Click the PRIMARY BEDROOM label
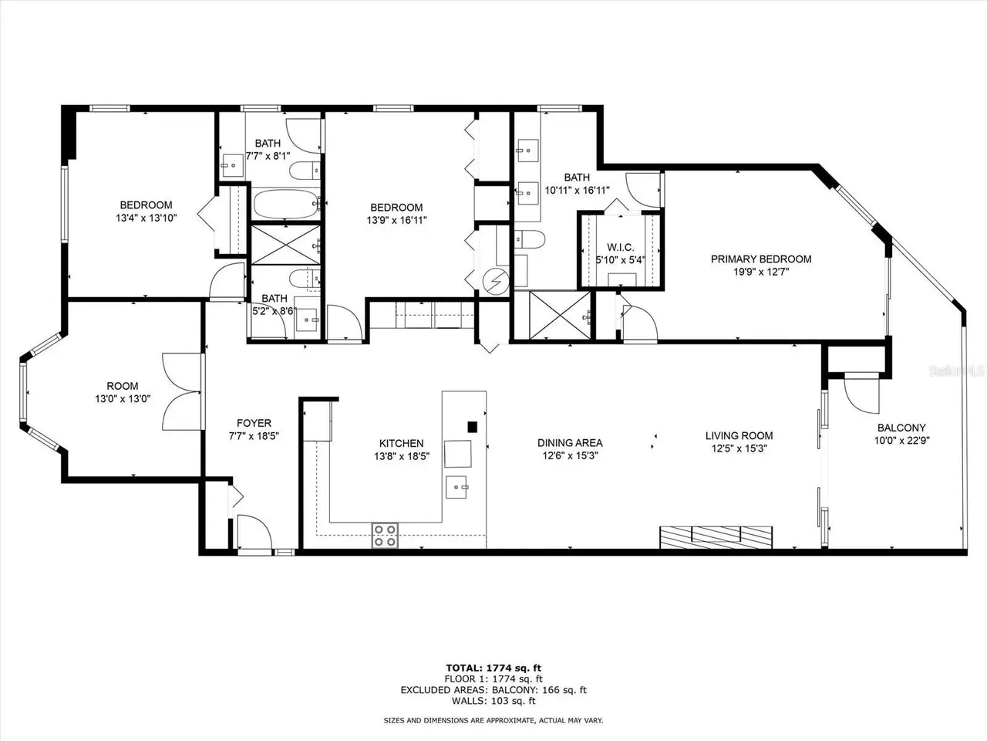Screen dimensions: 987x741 click(761, 259)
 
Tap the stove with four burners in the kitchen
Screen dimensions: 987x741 click(385, 536)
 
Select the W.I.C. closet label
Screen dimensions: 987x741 click(621, 248)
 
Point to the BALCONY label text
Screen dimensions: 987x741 click(901, 428)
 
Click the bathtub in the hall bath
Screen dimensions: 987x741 click(286, 204)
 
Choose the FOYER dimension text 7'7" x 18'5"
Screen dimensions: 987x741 click(254, 436)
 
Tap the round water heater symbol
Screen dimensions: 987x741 click(495, 282)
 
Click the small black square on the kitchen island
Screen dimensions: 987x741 click(472, 427)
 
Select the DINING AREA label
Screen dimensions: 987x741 click(570, 443)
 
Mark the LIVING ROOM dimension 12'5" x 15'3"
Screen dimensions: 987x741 click(739, 448)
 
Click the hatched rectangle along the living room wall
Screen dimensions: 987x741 click(716, 537)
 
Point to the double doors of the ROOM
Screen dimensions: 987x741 click(181, 391)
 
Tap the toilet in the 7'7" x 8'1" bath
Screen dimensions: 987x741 click(305, 171)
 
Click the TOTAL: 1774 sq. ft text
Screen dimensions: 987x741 click(493, 668)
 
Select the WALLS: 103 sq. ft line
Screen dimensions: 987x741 click(493, 701)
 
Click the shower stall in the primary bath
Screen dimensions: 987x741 click(560, 315)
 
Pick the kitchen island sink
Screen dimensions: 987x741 click(456, 487)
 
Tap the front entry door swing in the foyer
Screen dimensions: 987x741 click(254, 533)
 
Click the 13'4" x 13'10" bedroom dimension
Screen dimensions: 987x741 click(147, 218)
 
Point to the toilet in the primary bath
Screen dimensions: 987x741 click(530, 239)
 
